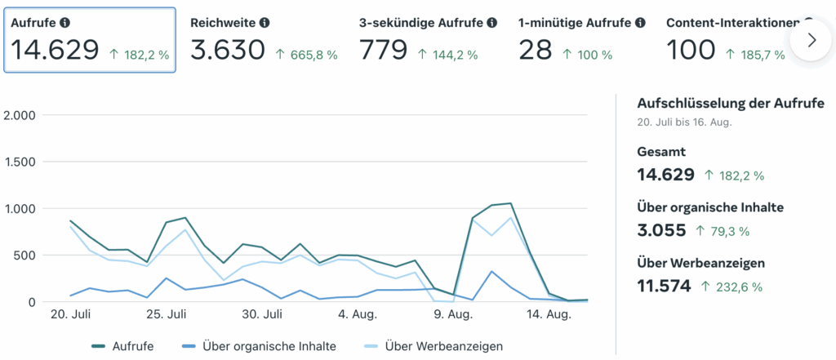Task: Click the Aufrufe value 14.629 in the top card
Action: click(55, 51)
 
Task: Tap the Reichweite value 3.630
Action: click(227, 51)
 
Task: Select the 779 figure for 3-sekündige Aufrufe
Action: click(383, 51)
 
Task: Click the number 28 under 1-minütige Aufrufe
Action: click(536, 51)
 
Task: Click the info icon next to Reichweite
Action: click(265, 23)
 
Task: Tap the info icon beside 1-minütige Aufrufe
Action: click(641, 23)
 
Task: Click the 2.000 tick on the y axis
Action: click(20, 115)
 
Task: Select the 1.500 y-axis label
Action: click(20, 162)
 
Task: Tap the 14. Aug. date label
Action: click(546, 314)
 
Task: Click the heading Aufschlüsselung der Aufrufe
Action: click(730, 104)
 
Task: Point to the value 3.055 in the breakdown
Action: click(661, 230)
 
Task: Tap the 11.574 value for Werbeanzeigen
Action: click(664, 286)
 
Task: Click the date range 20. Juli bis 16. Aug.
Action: click(684, 122)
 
